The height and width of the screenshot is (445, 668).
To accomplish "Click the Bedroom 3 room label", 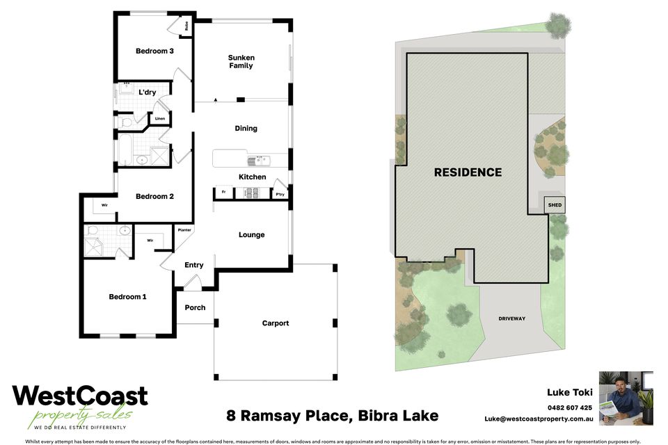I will tap(154, 51).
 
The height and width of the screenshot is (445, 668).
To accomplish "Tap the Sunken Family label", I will tap(241, 61).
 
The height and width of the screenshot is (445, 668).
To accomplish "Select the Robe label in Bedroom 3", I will tap(186, 26).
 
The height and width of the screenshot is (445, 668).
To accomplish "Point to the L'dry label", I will tap(147, 92).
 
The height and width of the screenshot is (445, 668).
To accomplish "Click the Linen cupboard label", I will tap(160, 119).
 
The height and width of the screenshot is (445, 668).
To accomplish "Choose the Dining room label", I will tap(246, 128).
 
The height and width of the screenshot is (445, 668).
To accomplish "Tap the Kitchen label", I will tap(252, 177).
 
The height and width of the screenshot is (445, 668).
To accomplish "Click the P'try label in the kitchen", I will tap(280, 193).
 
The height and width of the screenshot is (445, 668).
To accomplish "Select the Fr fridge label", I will tap(223, 192).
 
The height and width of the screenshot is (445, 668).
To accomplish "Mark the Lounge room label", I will tap(251, 234).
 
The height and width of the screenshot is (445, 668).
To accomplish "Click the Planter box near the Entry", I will tap(184, 229).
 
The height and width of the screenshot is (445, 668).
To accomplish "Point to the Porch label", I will tap(195, 307).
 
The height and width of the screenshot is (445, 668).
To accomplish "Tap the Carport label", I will tap(275, 323).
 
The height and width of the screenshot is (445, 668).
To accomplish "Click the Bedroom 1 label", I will tap(127, 297).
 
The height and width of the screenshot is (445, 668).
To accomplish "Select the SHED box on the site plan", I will tap(555, 205).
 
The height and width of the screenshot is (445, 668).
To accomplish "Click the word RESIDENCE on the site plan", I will tap(468, 172).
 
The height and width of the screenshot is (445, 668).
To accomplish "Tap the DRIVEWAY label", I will tap(511, 318).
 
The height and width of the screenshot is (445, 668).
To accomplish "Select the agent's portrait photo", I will tap(626, 398).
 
